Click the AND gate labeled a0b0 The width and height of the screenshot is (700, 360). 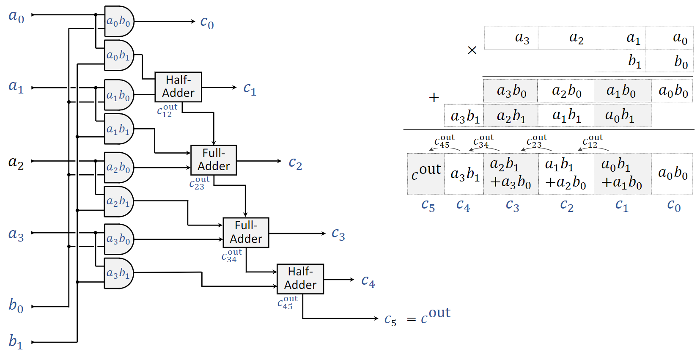[118, 21]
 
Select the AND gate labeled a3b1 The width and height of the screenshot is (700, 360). [118, 273]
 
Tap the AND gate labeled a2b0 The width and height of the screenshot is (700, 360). [118, 168]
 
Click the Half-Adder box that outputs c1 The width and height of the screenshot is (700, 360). [178, 87]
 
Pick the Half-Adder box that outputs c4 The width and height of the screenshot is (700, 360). [300, 279]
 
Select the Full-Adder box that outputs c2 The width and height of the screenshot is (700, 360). [214, 160]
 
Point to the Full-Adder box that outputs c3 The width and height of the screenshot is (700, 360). [246, 232]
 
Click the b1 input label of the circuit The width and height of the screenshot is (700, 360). [16, 341]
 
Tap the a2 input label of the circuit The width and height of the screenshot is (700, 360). [16, 162]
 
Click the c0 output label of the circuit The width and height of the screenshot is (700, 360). [207, 22]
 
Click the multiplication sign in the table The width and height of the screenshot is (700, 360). [472, 50]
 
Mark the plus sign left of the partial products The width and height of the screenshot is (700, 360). [434, 98]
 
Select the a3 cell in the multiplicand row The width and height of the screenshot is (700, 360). [522, 38]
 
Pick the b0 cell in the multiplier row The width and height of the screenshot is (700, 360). [681, 62]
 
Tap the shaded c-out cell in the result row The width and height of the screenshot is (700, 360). [426, 173]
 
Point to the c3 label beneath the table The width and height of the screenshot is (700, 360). [512, 206]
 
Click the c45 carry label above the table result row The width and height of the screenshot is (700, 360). [444, 142]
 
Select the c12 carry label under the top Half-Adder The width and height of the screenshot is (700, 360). [167, 111]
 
